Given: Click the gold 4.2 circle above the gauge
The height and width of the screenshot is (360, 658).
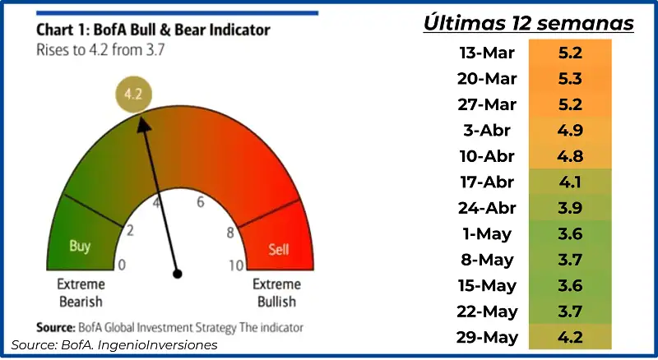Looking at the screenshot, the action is point(133,94).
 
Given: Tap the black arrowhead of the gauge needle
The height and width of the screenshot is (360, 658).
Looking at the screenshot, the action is point(144,125).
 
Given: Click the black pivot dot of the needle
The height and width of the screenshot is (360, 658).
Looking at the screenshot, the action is point(178,274).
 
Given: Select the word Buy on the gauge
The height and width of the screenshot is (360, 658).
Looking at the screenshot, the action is point(80,246).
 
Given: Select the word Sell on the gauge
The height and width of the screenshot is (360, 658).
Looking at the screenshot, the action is point(279,250).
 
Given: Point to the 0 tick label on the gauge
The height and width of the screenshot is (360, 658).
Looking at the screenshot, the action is point(122,265).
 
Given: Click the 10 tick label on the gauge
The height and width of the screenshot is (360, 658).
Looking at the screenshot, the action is point(236,265).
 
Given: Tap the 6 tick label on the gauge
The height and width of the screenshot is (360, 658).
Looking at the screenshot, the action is point(201,202).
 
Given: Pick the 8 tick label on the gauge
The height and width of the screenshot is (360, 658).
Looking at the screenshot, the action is point(230,233).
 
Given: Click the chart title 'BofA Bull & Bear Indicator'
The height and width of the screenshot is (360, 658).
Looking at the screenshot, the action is point(182,30).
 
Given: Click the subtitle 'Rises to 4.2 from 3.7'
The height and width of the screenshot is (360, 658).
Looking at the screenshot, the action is point(100,50).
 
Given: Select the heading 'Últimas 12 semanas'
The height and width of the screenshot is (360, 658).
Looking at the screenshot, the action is point(528,23).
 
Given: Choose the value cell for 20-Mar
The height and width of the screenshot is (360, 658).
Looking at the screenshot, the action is point(570,78).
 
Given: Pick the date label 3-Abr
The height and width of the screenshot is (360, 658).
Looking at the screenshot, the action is point(487,131).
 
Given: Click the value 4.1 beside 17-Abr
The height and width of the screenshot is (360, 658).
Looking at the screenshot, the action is point(570,182).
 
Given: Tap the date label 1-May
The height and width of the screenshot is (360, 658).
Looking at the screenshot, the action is point(487,234).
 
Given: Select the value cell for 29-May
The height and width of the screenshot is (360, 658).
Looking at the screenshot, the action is point(570,337).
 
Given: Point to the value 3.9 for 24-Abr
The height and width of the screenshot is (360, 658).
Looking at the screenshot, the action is point(570,208).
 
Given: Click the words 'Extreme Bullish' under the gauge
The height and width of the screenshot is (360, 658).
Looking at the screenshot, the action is point(276,293).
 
